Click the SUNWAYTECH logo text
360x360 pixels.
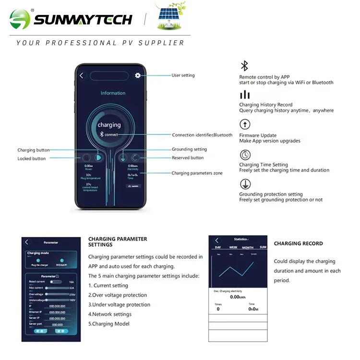click(x=83, y=19)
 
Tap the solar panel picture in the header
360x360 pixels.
click(x=171, y=18)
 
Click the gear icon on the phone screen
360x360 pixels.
click(x=138, y=75)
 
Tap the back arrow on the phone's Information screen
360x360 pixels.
click(x=82, y=75)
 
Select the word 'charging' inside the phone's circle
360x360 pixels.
click(x=109, y=125)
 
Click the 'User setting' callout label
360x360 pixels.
click(x=183, y=75)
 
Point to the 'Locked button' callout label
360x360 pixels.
click(x=32, y=158)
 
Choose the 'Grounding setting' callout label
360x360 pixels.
click(x=189, y=149)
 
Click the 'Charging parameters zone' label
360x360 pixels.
click(x=197, y=173)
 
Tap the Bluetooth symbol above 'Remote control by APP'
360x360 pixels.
click(x=244, y=66)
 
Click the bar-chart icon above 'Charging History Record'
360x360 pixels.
click(x=245, y=95)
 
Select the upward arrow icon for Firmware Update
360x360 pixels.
click(x=245, y=125)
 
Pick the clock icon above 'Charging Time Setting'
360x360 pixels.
click(x=245, y=155)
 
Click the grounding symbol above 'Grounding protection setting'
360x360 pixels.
click(x=245, y=184)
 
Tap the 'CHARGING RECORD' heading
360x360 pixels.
click(x=298, y=243)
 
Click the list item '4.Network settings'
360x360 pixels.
click(x=110, y=314)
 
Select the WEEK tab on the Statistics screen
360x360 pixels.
click(x=233, y=247)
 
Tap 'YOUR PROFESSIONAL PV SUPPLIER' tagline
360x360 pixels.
click(x=100, y=43)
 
